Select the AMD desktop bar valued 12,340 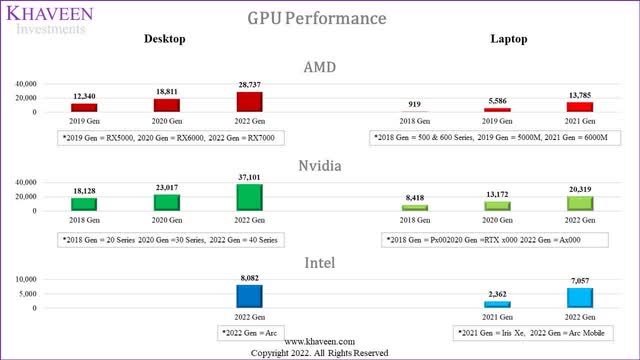tap(85, 106)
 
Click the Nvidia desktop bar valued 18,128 tap(85, 204)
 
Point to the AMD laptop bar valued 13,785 tap(580, 106)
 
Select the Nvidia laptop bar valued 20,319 tap(580, 203)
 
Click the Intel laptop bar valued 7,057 tap(580, 297)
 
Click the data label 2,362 tap(497, 294)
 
